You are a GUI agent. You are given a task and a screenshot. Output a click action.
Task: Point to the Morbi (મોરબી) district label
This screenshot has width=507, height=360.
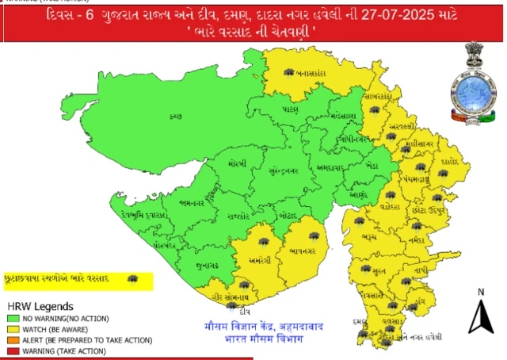[236, 163]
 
